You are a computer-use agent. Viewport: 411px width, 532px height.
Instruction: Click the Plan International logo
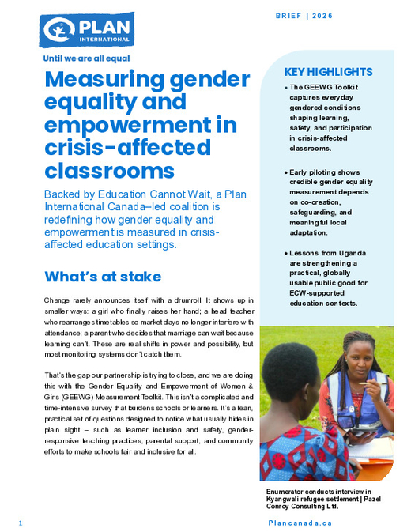point(86,31)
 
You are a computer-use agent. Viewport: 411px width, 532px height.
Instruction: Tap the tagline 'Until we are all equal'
point(86,58)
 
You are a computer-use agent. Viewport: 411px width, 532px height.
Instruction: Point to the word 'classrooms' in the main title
point(109,170)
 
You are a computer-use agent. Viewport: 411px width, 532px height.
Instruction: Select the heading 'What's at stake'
point(103,277)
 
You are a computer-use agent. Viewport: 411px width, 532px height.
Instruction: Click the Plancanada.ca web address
point(300,523)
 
